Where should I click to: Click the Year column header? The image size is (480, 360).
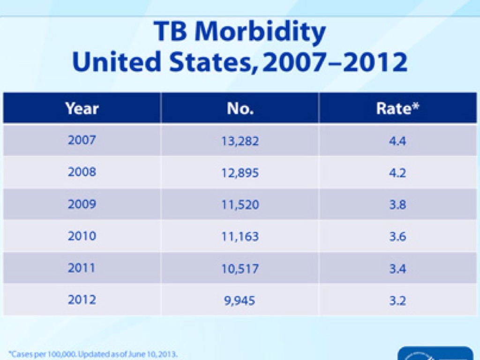[82, 109]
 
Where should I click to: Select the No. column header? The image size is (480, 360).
[240, 109]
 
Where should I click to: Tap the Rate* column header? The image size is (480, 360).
[397, 109]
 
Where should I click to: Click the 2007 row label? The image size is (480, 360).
[82, 140]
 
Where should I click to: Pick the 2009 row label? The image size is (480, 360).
[82, 204]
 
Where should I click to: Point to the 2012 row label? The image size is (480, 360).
[82, 300]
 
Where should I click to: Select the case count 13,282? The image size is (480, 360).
[240, 141]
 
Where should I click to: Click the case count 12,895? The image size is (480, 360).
[240, 172]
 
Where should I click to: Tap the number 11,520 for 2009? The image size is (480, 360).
[240, 205]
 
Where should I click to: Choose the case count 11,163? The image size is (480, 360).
[240, 237]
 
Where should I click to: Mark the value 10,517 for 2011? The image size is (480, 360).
[240, 269]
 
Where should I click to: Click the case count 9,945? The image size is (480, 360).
[240, 300]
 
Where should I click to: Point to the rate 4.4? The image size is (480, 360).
[397, 141]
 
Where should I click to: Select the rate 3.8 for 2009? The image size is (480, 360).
[397, 205]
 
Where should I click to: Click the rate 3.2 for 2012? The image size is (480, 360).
[397, 300]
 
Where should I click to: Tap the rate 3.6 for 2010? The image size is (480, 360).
[397, 237]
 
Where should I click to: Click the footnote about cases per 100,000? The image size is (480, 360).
[93, 354]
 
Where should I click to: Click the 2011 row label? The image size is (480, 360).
[82, 268]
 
